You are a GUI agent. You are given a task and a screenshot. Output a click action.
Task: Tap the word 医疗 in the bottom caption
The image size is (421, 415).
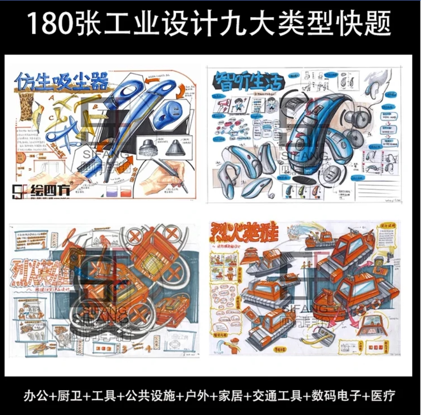pos(384,395)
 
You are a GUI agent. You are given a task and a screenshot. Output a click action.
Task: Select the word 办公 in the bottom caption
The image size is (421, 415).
pos(37,395)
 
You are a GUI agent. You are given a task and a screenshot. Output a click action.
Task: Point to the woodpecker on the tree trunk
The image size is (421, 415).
pos(37,113)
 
